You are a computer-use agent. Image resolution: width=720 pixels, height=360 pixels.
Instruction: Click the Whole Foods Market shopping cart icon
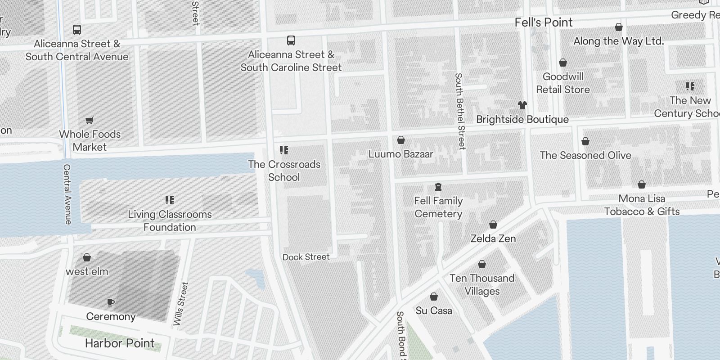(x=90, y=120)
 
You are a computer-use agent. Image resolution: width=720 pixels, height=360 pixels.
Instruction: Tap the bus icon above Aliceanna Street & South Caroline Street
(x=291, y=40)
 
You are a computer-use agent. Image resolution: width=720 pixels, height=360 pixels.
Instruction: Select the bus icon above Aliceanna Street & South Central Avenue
(x=77, y=30)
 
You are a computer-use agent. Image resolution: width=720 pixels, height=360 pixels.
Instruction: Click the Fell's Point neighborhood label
(x=544, y=22)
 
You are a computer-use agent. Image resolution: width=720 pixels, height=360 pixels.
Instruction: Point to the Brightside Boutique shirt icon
(x=522, y=105)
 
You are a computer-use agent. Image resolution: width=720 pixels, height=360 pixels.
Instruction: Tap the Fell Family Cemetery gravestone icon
(x=438, y=187)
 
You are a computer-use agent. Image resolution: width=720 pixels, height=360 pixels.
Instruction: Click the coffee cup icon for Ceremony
(x=111, y=302)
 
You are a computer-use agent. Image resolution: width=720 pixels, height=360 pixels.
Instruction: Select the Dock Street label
(x=306, y=257)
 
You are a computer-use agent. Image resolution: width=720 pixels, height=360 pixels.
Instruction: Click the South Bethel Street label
(x=460, y=111)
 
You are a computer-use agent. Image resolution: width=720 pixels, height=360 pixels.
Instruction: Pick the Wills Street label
(x=181, y=304)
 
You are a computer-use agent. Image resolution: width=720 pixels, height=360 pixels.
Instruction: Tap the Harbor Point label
(x=120, y=343)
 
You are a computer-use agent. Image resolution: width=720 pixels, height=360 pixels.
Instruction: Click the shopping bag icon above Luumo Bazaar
(x=401, y=140)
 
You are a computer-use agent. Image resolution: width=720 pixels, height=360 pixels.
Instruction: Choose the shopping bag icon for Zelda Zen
(x=493, y=225)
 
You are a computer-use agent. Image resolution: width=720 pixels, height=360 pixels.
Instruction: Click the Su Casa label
(x=434, y=310)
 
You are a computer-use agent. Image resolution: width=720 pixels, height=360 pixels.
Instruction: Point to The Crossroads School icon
(x=283, y=150)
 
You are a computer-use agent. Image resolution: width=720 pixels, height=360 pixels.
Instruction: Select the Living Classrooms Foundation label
(x=170, y=220)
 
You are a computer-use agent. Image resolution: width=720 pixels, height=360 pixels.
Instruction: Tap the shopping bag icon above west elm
(x=87, y=257)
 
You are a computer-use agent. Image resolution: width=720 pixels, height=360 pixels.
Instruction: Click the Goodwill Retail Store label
(x=562, y=83)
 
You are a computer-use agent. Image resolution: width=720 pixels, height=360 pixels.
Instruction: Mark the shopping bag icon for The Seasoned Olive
(x=585, y=142)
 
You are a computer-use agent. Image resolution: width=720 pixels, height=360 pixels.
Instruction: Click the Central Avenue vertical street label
(x=67, y=194)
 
